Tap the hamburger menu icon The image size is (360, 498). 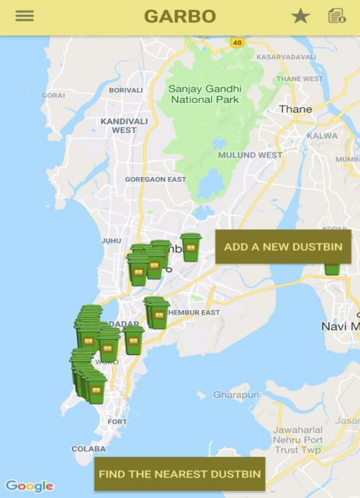pyautogui.click(x=24, y=16)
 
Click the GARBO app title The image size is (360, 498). pyautogui.click(x=180, y=17)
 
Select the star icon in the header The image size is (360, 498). pyautogui.click(x=300, y=16)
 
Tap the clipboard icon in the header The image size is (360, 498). pyautogui.click(x=336, y=16)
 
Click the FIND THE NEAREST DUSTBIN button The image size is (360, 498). pyautogui.click(x=180, y=474)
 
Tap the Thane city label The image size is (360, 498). pyautogui.click(x=295, y=109)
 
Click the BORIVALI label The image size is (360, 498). pyautogui.click(x=126, y=91)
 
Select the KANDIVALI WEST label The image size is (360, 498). pyautogui.click(x=124, y=125)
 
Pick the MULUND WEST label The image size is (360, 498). pyautogui.click(x=250, y=155)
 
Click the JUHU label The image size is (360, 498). pyautogui.click(x=111, y=241)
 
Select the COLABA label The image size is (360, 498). pyautogui.click(x=89, y=449)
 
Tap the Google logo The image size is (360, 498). pyautogui.click(x=29, y=486)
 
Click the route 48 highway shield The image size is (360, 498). pyautogui.click(x=237, y=42)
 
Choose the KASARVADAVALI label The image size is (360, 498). pyautogui.click(x=286, y=57)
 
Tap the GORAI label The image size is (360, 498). pyautogui.click(x=53, y=95)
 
